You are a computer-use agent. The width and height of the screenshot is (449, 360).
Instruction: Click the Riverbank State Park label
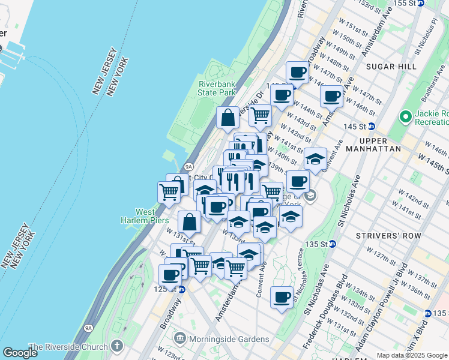(217, 88)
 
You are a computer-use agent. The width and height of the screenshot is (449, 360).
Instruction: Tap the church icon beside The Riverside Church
(116, 346)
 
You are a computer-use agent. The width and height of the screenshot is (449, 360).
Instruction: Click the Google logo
(20, 352)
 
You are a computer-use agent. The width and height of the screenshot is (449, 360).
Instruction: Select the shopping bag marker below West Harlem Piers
(190, 221)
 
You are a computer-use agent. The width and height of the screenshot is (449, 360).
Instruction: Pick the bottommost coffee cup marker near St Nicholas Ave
(282, 297)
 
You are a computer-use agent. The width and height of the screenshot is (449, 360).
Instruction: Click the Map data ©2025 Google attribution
(412, 355)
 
